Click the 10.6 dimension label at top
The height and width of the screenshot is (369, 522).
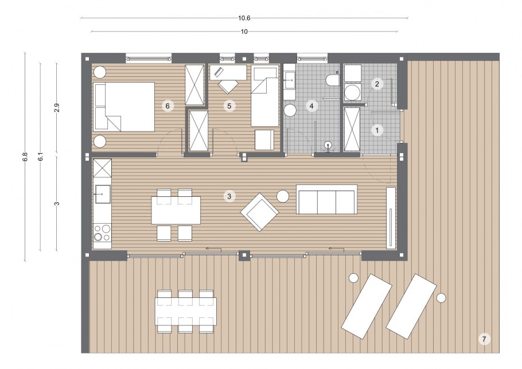[244, 18]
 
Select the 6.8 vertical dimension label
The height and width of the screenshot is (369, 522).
[25, 157]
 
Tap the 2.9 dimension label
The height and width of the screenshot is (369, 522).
[57, 108]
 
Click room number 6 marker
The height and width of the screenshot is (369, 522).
[167, 106]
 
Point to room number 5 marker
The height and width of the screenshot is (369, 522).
[229, 106]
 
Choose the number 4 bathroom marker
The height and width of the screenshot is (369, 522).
[311, 106]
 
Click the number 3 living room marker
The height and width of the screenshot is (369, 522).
[229, 196]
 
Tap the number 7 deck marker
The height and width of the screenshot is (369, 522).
[484, 339]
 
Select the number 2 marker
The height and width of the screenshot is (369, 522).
[377, 84]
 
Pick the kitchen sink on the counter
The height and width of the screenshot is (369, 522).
[103, 194]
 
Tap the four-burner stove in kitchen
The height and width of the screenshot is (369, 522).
[102, 233]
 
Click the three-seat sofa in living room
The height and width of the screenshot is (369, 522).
[326, 199]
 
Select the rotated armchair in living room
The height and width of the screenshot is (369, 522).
[260, 212]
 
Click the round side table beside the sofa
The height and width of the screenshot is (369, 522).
[283, 196]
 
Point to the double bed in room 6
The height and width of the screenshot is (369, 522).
[124, 107]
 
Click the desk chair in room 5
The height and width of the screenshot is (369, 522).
[227, 86]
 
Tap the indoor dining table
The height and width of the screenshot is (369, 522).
[176, 210]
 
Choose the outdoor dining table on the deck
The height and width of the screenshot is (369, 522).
[186, 311]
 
